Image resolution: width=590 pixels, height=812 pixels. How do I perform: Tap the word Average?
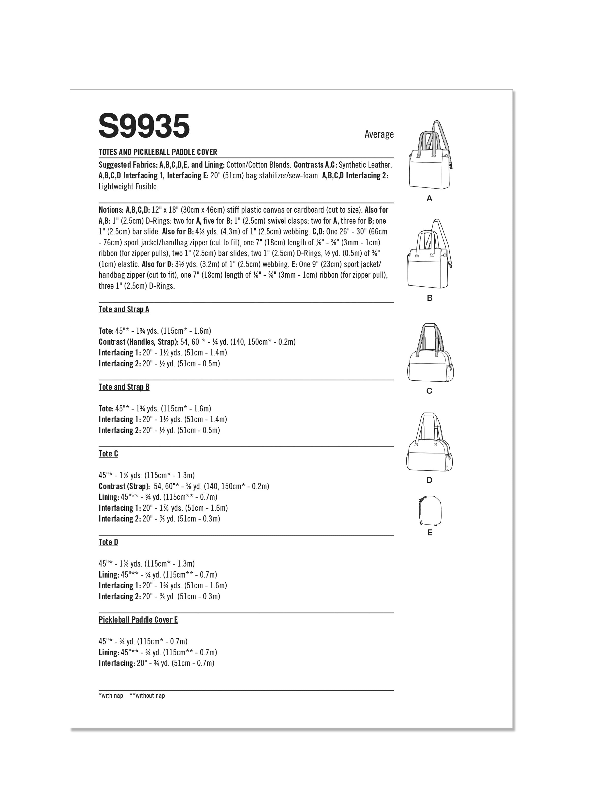[379, 134]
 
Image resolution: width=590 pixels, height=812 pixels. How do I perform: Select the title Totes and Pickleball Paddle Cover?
[158, 152]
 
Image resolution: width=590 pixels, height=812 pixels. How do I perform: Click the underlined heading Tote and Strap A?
[124, 309]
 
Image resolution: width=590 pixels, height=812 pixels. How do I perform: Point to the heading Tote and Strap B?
[124, 387]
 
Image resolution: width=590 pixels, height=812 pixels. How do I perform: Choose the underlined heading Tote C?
[108, 454]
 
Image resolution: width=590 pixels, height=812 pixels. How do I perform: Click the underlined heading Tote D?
[108, 542]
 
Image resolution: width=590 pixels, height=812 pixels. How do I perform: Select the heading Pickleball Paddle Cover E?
[138, 620]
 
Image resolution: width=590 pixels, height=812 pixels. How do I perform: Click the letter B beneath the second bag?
[430, 298]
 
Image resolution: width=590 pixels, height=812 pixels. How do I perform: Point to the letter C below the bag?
[429, 391]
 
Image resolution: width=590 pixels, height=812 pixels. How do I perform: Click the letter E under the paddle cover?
[430, 533]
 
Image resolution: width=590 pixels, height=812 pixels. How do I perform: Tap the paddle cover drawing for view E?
[430, 510]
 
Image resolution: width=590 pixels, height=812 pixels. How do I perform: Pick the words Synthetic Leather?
[365, 165]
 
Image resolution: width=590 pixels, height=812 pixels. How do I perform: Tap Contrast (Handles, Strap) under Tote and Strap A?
[138, 342]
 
